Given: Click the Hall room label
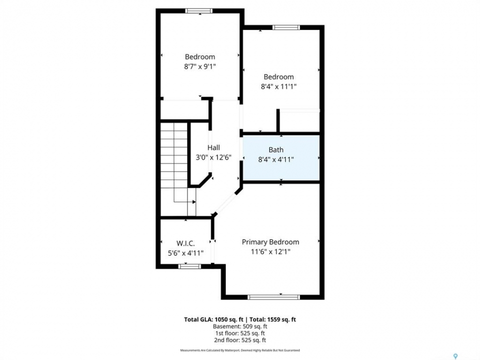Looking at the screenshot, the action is (x=213, y=147).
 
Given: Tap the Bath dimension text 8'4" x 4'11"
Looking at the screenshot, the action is (x=276, y=159).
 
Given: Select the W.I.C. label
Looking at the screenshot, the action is (x=185, y=243).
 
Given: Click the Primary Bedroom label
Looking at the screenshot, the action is (x=270, y=242).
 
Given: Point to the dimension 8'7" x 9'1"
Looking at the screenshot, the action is (x=200, y=66).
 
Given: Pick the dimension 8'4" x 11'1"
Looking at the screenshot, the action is (x=278, y=86).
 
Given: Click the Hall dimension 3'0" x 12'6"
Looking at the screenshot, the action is (x=213, y=157).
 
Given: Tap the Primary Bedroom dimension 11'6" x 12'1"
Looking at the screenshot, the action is (x=270, y=252).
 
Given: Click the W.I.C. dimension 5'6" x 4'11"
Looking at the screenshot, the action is (x=185, y=253).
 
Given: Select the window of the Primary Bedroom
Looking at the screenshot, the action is (x=273, y=297).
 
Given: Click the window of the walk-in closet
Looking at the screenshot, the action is (x=189, y=266).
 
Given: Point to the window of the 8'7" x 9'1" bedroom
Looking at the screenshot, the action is (x=199, y=10).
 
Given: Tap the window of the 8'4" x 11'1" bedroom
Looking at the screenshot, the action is (x=286, y=27).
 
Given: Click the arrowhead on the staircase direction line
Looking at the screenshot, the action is (x=194, y=201).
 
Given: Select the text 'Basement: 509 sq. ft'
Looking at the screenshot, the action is (x=240, y=326).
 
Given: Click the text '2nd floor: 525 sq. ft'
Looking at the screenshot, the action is (x=240, y=340).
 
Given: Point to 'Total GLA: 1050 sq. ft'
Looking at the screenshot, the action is (x=213, y=319).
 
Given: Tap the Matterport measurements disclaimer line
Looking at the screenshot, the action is (x=240, y=350).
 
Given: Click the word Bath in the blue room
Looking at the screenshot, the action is (x=276, y=149).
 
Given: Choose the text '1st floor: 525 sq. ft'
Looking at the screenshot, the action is (x=240, y=333).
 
